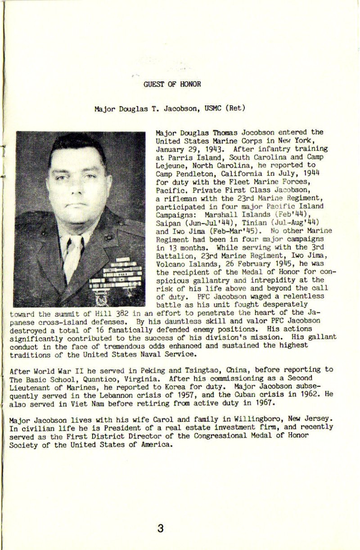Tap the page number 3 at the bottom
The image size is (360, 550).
click(x=160, y=528)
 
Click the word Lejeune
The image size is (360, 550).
click(x=170, y=165)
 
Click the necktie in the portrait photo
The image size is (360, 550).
click(x=72, y=256)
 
